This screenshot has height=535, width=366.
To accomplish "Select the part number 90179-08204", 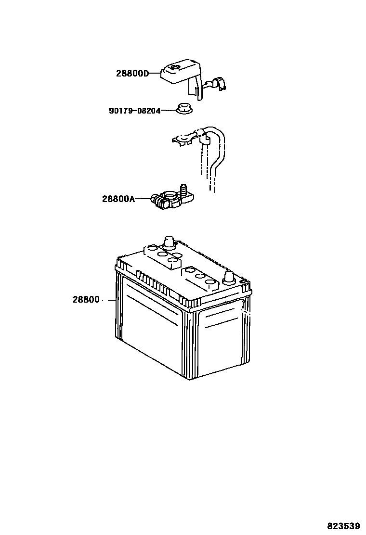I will click(x=134, y=111).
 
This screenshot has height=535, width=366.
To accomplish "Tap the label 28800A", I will click(x=118, y=199).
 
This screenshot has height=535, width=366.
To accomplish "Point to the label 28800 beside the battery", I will click(x=86, y=300).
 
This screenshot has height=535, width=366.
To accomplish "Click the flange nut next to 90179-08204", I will click(x=183, y=109).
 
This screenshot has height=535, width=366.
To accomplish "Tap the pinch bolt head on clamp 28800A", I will click(x=155, y=198).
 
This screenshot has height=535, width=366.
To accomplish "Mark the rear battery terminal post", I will click(x=169, y=242).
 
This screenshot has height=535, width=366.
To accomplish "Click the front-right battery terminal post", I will click(x=229, y=278).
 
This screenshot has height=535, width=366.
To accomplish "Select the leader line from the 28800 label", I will click(x=108, y=300).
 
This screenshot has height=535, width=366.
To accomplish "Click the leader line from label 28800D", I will click(x=154, y=74).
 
